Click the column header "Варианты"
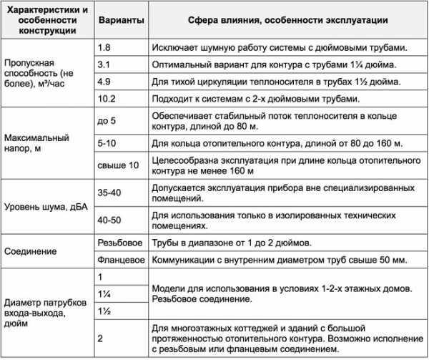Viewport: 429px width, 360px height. pos(119,21)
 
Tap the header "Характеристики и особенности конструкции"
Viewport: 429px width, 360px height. pos(46,21)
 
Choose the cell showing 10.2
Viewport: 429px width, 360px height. pos(105,98)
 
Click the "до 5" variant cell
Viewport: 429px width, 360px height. pos(107,120)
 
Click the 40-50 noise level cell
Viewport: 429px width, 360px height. pos(109,220)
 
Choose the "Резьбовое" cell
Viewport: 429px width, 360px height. pos(119,243)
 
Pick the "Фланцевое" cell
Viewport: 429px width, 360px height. pos(121,260)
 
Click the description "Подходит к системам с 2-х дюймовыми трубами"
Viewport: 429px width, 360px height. pos(265,98)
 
